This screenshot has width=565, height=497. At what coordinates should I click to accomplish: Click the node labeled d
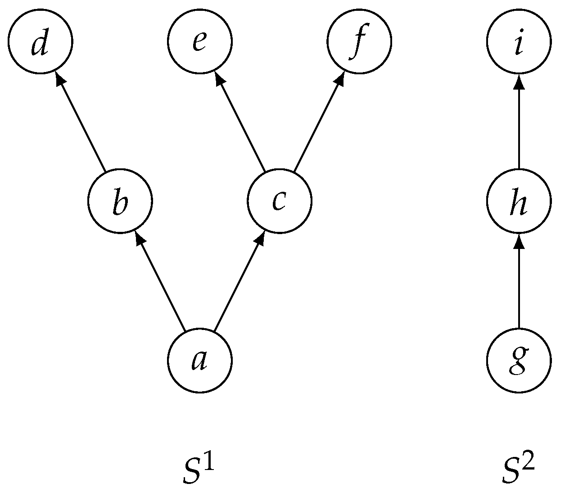click(40, 41)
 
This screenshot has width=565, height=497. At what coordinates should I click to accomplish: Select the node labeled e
click(200, 41)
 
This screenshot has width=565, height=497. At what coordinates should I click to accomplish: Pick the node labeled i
click(519, 41)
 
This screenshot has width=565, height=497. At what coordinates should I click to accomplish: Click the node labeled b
click(120, 201)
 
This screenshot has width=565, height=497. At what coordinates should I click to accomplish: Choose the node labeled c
click(280, 201)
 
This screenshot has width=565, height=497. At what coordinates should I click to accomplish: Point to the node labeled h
click(519, 201)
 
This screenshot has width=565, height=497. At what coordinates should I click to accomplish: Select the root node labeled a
click(200, 361)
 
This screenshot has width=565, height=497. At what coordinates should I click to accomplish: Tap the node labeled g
click(519, 361)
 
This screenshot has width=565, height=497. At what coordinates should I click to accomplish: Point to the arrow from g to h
click(519, 281)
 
